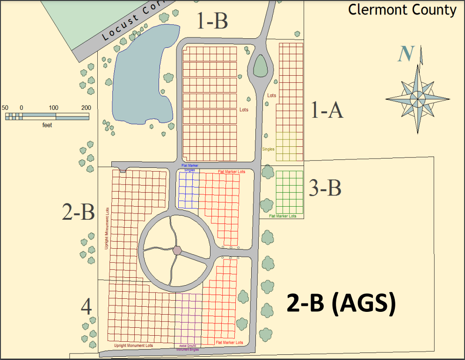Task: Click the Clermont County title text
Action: (x=402, y=10)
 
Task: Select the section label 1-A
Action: (x=327, y=110)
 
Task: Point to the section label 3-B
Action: (x=325, y=188)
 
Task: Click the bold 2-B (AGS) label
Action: (x=341, y=303)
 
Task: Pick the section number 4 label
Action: (x=86, y=308)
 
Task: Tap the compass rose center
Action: (x=417, y=98)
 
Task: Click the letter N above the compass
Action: (x=405, y=54)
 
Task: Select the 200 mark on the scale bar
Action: (x=86, y=108)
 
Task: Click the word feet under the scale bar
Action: (x=47, y=125)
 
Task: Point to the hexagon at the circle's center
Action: (x=177, y=250)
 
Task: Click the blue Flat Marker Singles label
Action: (x=189, y=168)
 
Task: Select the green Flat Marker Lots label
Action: (x=283, y=216)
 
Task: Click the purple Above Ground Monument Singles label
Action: (x=188, y=347)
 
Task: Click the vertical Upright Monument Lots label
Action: (x=107, y=228)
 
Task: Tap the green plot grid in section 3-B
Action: (x=289, y=192)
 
